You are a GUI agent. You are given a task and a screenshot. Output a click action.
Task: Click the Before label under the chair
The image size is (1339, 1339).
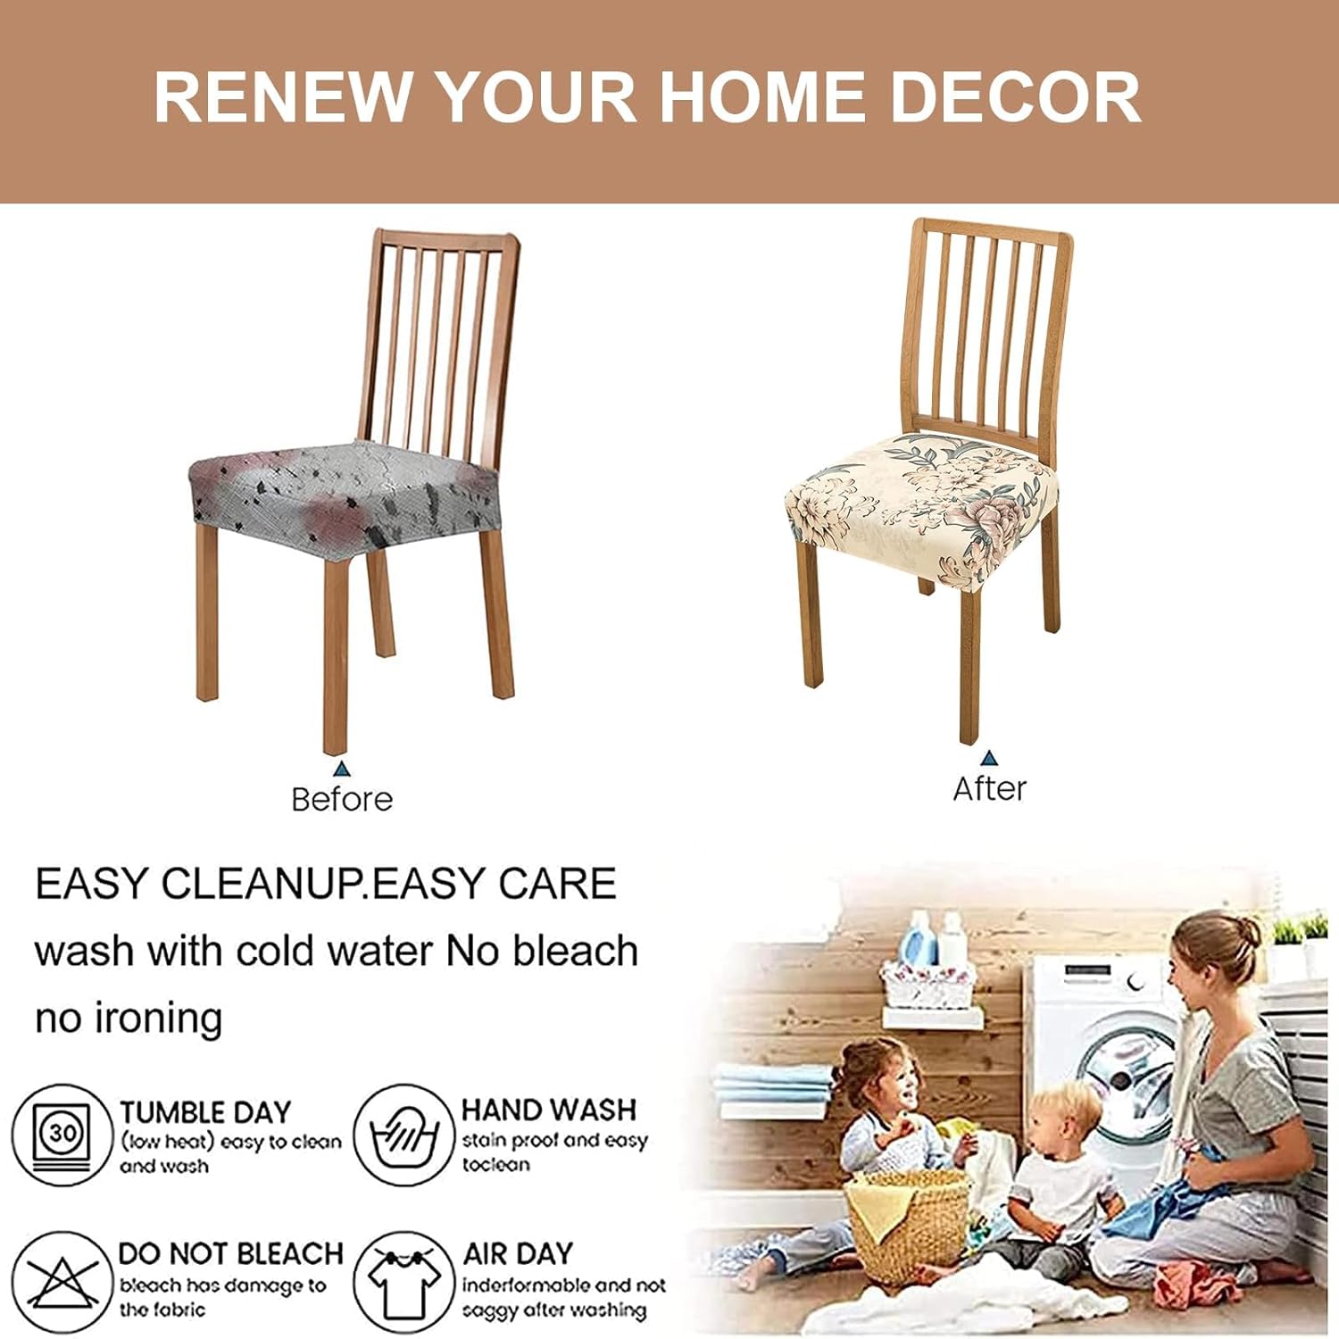click(x=342, y=799)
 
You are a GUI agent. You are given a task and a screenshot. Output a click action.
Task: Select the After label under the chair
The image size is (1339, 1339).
click(x=989, y=789)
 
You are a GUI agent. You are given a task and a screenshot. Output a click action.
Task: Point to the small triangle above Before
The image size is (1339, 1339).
click(x=341, y=769)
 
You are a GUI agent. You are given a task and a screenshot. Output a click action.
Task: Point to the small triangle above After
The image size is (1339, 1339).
click(x=988, y=759)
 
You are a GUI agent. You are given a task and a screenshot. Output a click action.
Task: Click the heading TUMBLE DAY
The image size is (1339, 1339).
click(x=205, y=1112)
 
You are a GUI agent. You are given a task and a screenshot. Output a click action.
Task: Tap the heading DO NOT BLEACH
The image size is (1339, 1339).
click(x=230, y=1253)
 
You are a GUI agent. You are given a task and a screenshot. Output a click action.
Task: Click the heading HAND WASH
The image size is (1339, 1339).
click(x=549, y=1110)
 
